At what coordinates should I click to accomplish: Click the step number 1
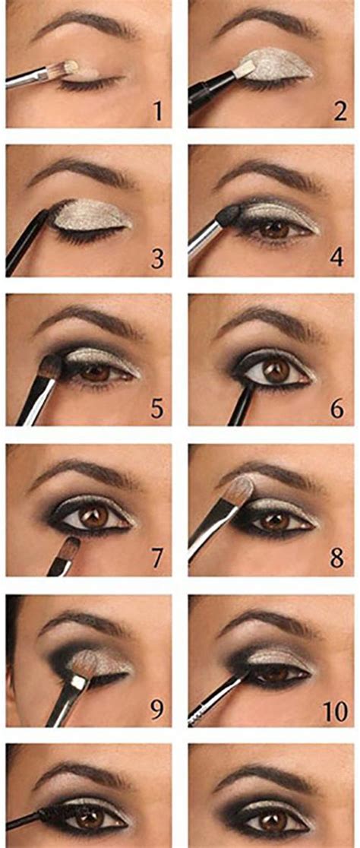(x=157, y=111)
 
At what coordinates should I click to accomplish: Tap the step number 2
(x=340, y=111)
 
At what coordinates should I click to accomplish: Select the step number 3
(x=157, y=260)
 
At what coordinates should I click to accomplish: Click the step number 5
(x=157, y=410)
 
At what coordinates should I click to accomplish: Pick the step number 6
(x=337, y=410)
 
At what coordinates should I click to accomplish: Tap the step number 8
(x=337, y=558)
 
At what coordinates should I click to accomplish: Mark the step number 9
(x=157, y=710)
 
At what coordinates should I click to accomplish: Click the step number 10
(x=336, y=712)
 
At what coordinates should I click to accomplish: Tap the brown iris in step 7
(x=93, y=518)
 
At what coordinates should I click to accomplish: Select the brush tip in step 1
(x=70, y=68)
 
